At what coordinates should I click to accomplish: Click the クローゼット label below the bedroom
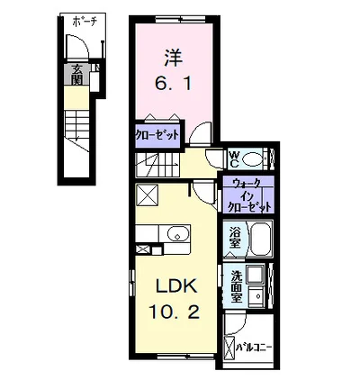157,135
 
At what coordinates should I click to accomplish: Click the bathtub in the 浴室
260,239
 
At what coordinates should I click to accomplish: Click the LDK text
175,289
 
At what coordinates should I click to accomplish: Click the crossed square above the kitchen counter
147,195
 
